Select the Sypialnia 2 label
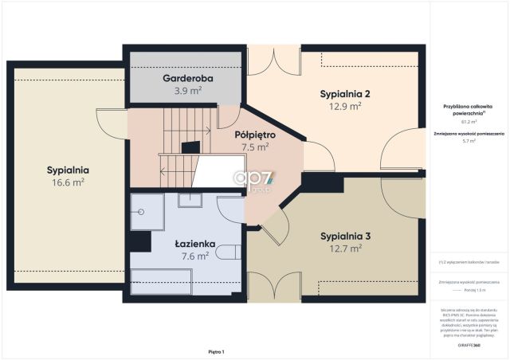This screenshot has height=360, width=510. point(345,93)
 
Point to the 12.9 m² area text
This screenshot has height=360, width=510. point(345,105)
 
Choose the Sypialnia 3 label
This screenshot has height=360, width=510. point(345,236)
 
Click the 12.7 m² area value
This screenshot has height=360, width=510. point(345,248)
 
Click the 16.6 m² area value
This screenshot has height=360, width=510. point(67,182)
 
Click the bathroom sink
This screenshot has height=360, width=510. point(190,199)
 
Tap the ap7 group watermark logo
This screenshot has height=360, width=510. point(252,182)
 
